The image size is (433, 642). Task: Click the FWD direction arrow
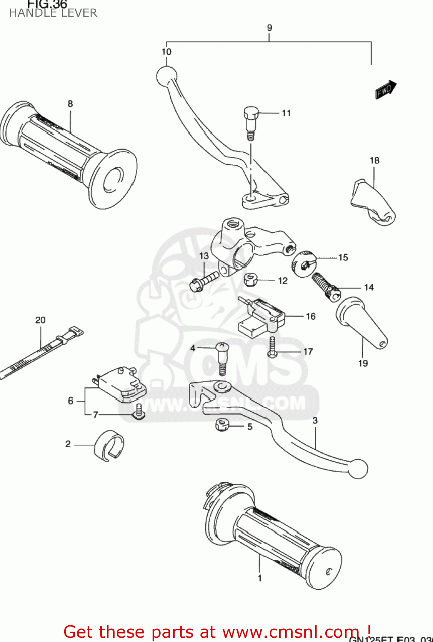(x=386, y=90)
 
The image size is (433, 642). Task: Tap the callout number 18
(x=374, y=160)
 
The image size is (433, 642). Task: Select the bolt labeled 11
(x=250, y=122)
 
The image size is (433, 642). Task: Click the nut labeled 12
(x=250, y=280)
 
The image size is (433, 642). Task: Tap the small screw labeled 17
(x=272, y=346)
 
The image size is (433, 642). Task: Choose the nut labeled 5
(x=222, y=425)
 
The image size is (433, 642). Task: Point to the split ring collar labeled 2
(x=109, y=446)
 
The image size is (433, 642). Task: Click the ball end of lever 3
(x=358, y=469)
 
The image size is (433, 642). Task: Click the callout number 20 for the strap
(x=40, y=320)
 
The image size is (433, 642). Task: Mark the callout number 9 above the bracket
(x=269, y=28)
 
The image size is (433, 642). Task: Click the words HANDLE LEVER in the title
(x=53, y=13)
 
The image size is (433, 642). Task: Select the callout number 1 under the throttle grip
(x=259, y=578)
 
